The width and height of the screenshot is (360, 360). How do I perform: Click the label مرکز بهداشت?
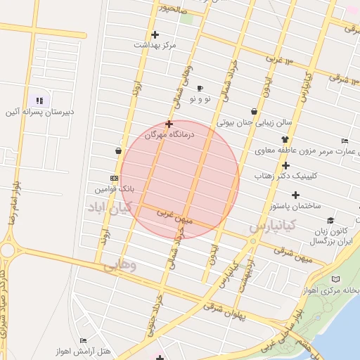[155, 44]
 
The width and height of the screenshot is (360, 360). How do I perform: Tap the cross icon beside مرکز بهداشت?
[155, 34]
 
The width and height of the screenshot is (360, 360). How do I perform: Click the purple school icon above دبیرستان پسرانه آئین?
[39, 101]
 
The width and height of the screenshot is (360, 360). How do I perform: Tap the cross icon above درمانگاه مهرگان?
[169, 123]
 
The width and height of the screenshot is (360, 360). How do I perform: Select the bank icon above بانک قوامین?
[114, 179]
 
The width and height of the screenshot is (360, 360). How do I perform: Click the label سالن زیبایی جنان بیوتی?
[255, 122]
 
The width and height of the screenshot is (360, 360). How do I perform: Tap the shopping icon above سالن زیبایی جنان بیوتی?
[254, 111]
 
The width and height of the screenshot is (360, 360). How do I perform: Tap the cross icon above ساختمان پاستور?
[295, 195]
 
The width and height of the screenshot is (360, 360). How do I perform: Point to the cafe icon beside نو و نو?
[200, 89]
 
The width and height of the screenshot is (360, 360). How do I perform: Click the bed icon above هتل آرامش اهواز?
[83, 341]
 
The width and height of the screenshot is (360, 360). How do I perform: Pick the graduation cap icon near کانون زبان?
[330, 220]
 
